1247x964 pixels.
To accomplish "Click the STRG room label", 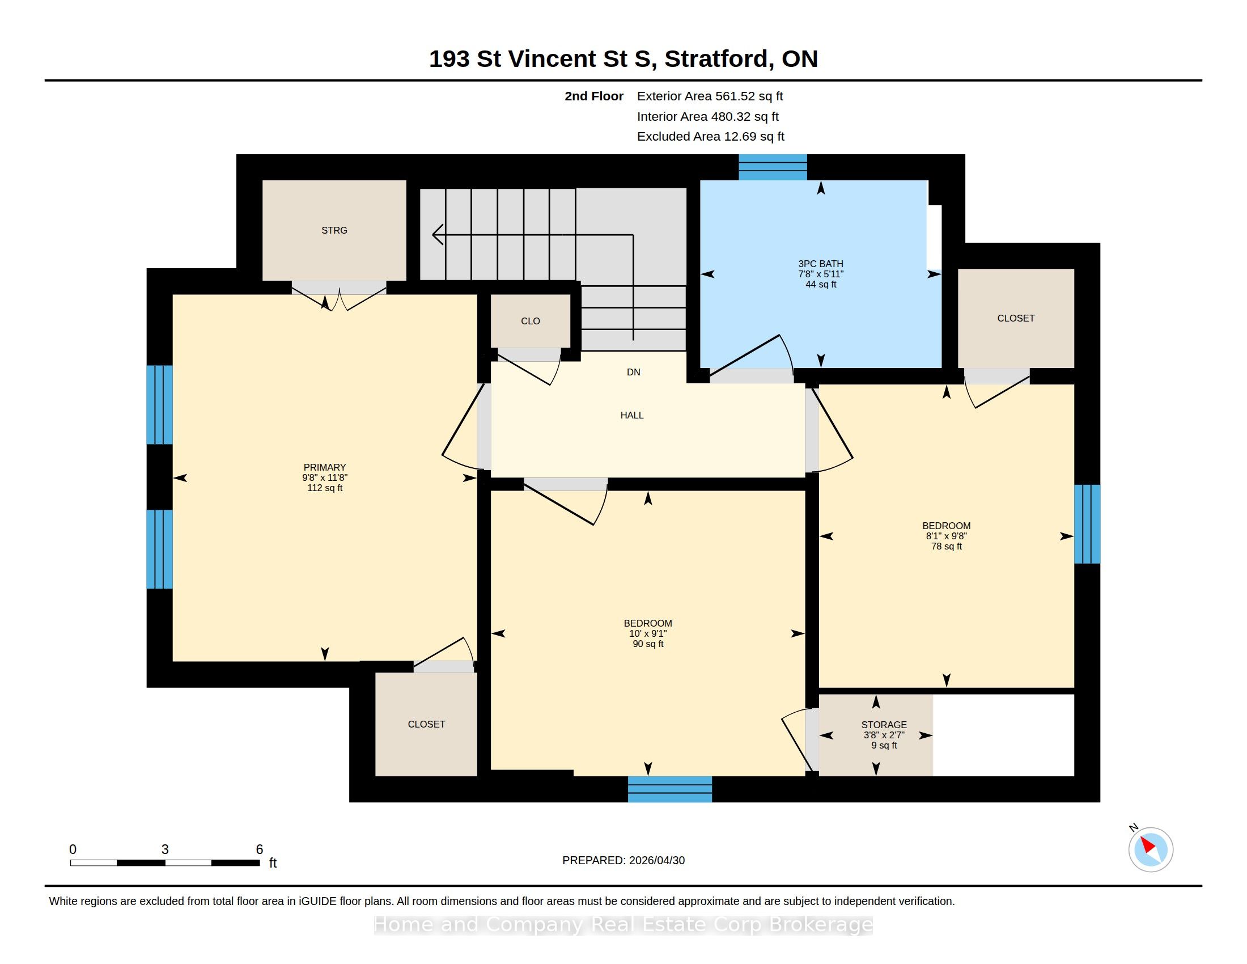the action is click(334, 230).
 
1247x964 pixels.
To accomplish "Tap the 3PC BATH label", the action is click(821, 264).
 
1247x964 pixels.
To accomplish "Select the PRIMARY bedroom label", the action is click(325, 467).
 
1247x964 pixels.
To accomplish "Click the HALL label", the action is click(632, 415).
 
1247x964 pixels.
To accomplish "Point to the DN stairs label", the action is click(633, 372).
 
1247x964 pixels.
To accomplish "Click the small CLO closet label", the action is click(531, 321).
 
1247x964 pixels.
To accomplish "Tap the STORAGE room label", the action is click(884, 725).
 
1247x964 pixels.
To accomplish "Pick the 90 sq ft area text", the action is click(648, 644).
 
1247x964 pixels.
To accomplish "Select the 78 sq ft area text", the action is click(947, 546).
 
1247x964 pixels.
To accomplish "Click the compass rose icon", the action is click(1151, 849).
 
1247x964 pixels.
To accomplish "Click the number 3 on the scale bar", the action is click(165, 849).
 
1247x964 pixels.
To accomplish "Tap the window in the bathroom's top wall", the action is click(773, 167).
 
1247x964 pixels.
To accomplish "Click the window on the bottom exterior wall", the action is click(670, 789).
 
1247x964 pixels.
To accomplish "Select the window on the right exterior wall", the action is click(1087, 524).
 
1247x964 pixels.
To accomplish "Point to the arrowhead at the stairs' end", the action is click(438, 234).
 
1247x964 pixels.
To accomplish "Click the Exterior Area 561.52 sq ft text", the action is click(710, 96).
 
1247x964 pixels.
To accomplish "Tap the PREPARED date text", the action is click(623, 860).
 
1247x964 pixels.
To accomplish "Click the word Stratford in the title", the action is click(716, 59).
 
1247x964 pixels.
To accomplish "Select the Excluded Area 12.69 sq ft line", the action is click(710, 137).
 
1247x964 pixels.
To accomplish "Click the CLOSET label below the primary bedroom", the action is click(426, 724).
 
